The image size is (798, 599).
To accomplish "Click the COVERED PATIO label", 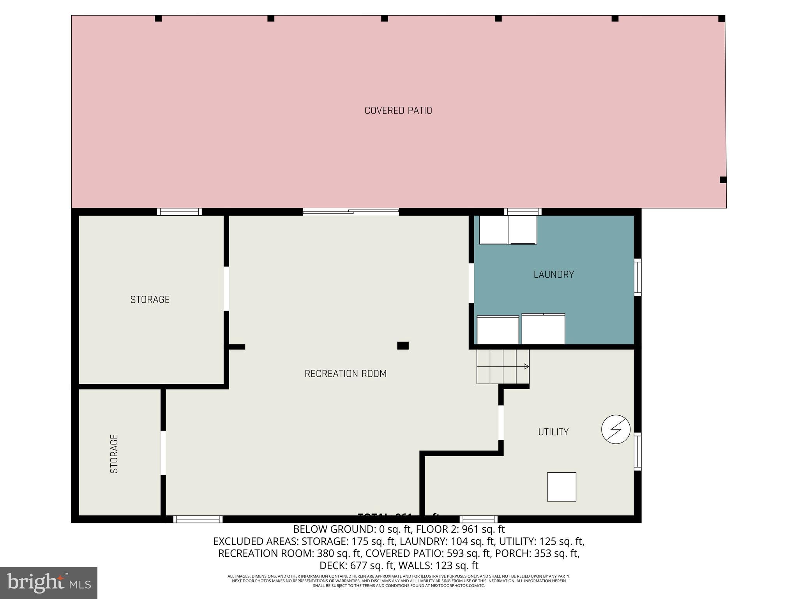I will point(398,111).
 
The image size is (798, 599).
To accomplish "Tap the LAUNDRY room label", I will point(554,275).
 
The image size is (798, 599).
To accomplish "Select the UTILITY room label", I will point(553,432).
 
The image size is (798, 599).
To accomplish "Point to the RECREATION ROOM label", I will point(346,374).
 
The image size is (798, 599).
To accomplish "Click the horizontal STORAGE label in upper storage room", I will point(150,299).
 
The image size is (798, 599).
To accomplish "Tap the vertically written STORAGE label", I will point(114,454).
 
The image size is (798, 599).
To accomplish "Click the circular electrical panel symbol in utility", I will point(616,429).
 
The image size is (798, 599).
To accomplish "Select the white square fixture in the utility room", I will point(561,487).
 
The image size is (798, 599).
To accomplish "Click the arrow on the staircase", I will point(526,367).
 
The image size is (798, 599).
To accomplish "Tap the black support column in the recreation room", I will point(403,346).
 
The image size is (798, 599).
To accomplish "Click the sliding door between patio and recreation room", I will point(351,212).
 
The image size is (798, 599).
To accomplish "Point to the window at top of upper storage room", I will point(179,212).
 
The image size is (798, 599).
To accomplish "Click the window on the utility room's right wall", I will point(637,451).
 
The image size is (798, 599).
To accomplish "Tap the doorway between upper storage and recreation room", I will point(226,289).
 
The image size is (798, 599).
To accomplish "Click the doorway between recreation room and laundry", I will point(471,283).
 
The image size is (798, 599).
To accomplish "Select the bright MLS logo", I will point(49,583).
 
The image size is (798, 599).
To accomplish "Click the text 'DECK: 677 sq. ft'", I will point(359,565).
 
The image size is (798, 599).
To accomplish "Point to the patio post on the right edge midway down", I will point(723,180).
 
